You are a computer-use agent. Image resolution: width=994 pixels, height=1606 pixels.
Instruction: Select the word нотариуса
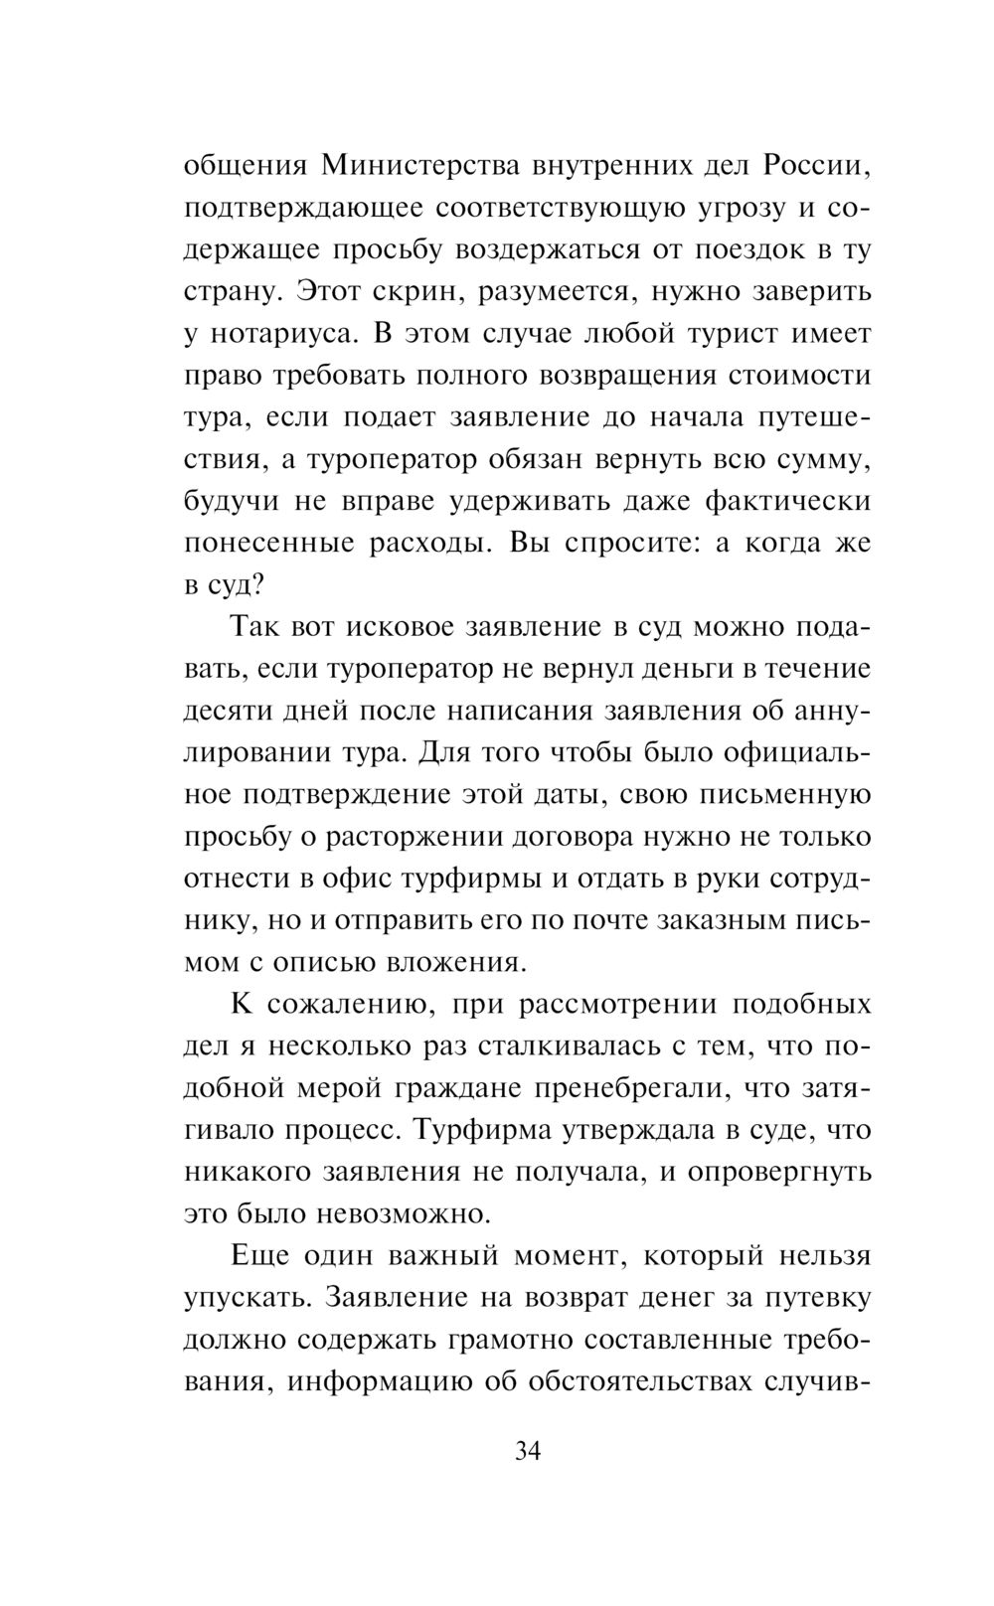284,333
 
